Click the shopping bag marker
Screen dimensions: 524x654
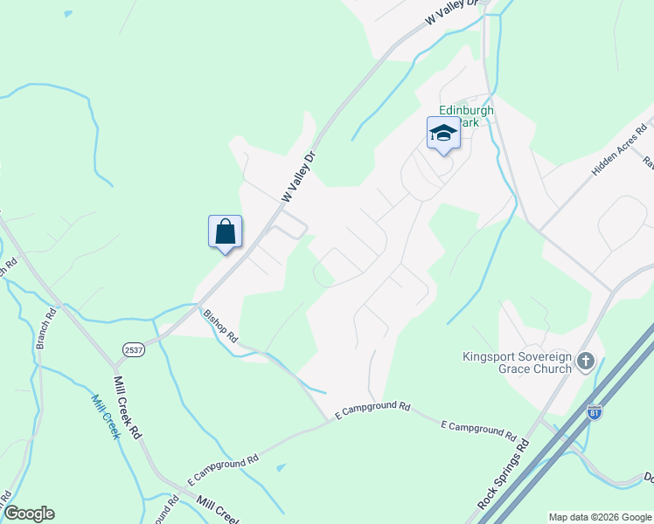click(226, 232)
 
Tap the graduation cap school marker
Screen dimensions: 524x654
click(443, 134)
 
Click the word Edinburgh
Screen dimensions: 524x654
click(466, 110)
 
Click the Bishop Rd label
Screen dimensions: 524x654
click(220, 324)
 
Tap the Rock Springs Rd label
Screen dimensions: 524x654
click(504, 474)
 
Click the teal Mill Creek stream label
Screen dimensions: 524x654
click(105, 416)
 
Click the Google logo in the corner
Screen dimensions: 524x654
click(29, 514)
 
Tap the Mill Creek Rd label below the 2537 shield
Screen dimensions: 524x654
click(128, 407)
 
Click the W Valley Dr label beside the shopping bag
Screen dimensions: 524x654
click(298, 177)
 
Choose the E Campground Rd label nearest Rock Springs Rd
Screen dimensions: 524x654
click(477, 429)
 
